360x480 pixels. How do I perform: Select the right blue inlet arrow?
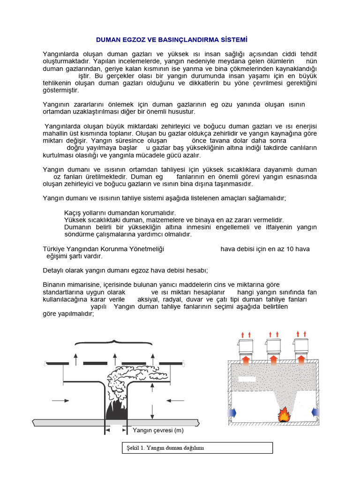click(315, 412)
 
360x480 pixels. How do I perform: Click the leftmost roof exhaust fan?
click(246, 347)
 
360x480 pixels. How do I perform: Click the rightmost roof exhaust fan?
click(301, 347)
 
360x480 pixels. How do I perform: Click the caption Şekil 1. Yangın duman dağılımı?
click(165, 448)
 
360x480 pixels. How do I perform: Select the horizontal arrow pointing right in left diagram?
click(60, 400)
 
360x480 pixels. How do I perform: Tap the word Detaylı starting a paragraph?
click(55, 270)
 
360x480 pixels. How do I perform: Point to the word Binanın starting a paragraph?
click(55, 285)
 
